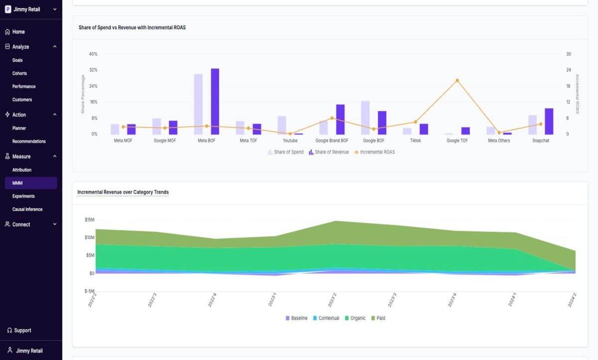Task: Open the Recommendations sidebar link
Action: [29, 141]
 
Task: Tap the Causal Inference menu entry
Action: [27, 209]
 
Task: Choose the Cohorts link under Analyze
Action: [19, 73]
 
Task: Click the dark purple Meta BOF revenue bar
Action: [215, 102]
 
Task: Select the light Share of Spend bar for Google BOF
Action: [365, 118]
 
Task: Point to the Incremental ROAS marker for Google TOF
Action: [457, 80]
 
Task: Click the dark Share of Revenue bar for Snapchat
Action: [549, 121]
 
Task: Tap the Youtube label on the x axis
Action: [290, 140]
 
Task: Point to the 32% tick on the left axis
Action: [93, 70]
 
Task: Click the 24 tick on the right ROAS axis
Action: [569, 70]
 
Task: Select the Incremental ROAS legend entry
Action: [374, 152]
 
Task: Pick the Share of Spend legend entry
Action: [286, 152]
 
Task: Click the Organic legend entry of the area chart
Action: [355, 318]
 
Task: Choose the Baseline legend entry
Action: [297, 318]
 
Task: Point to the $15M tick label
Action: [89, 220]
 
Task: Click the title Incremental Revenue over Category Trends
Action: [123, 192]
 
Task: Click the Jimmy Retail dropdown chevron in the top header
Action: [55, 9]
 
